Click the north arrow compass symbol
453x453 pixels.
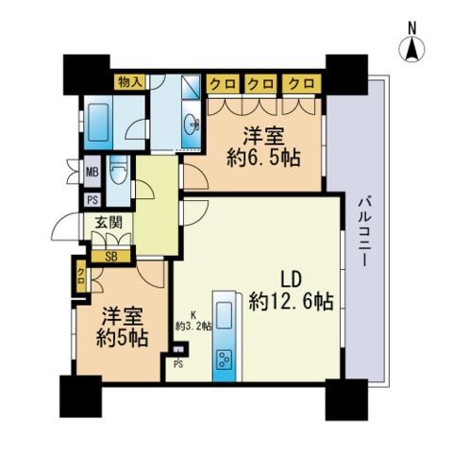pos(411,50)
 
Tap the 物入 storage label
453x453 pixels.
pos(129,82)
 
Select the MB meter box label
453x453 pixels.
pos(92,172)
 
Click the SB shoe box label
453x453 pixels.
pos(111,257)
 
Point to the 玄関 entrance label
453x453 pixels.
pos(109,223)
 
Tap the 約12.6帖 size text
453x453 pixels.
pos(292,301)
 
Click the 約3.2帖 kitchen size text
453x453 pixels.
pos(193,327)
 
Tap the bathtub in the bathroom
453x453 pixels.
pos(98,122)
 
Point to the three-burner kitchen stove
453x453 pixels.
pos(225,359)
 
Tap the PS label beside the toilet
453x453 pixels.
pos(92,200)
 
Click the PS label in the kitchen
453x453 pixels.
pos(178,364)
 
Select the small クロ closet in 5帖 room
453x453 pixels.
pos(81,277)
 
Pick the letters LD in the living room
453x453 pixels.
pos(291,279)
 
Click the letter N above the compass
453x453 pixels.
pos(411,29)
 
